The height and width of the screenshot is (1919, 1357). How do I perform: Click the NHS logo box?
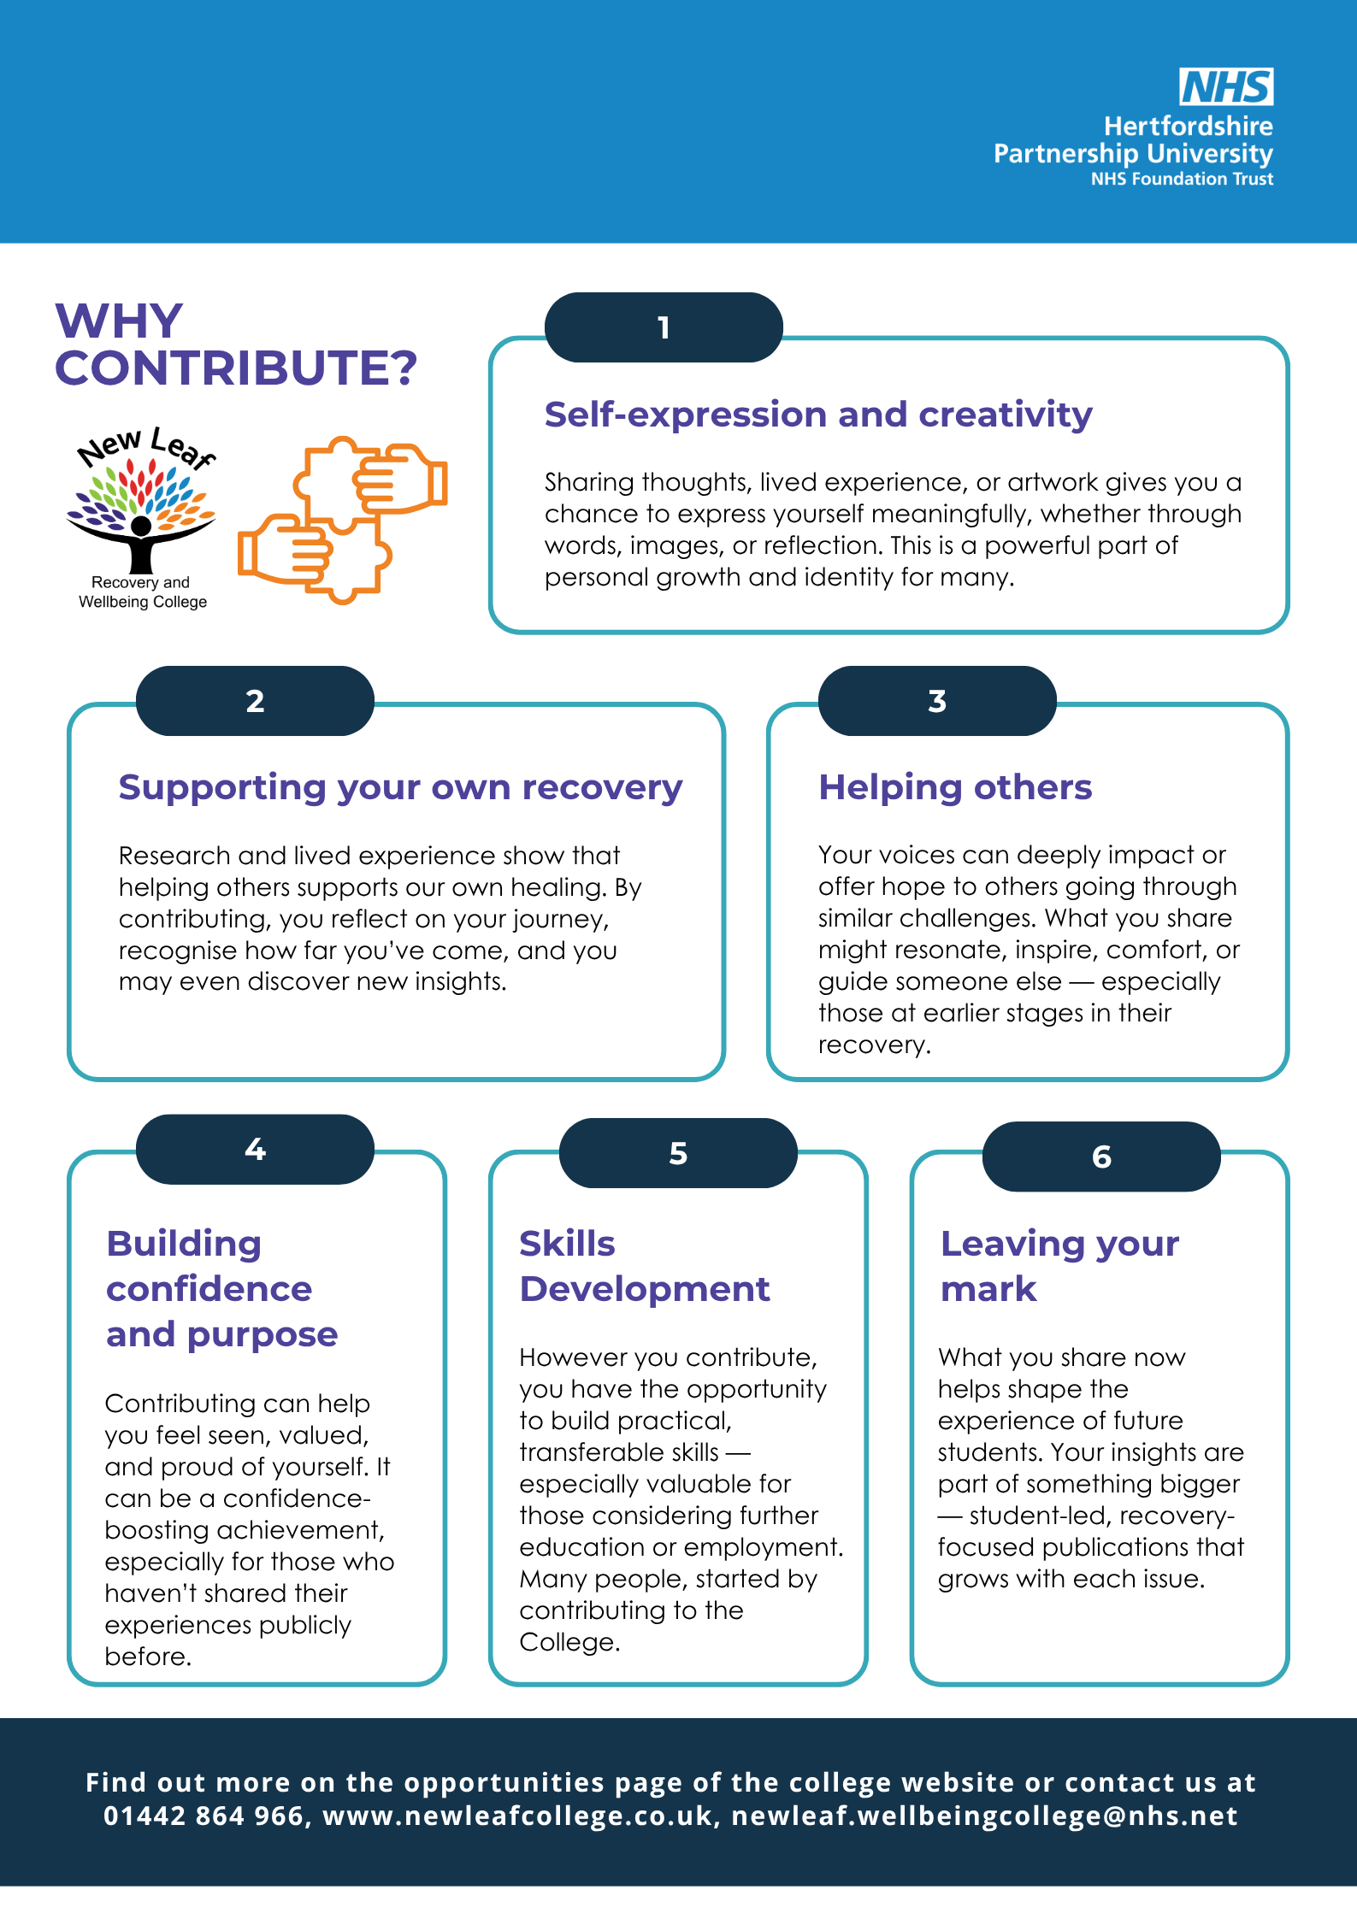pyautogui.click(x=1226, y=86)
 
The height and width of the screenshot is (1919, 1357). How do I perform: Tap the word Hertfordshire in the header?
pyautogui.click(x=1189, y=127)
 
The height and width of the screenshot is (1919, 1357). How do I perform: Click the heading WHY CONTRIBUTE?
pyautogui.click(x=236, y=344)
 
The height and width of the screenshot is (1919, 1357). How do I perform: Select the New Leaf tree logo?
pyautogui.click(x=142, y=517)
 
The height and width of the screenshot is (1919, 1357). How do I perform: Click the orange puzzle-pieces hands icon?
pyautogui.click(x=342, y=520)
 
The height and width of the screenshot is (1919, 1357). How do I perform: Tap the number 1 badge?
pyautogui.click(x=664, y=327)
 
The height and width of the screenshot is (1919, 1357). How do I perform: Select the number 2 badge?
pyautogui.click(x=255, y=701)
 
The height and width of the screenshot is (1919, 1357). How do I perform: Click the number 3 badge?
pyautogui.click(x=937, y=701)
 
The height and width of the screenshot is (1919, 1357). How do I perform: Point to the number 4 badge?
pyautogui.click(x=255, y=1149)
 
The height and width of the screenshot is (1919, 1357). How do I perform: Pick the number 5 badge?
pyautogui.click(x=678, y=1153)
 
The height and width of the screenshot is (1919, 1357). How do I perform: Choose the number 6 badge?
pyautogui.click(x=1101, y=1157)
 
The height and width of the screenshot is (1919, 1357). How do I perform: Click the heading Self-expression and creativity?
pyautogui.click(x=818, y=415)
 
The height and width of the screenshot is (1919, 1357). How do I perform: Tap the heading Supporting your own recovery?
pyautogui.click(x=400, y=788)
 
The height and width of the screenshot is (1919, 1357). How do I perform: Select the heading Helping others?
pyautogui.click(x=955, y=787)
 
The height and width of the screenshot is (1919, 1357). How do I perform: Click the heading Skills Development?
pyautogui.click(x=645, y=1266)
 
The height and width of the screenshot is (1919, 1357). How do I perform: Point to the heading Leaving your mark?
pyautogui.click(x=1059, y=1266)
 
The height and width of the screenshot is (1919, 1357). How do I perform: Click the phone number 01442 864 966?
pyautogui.click(x=204, y=1815)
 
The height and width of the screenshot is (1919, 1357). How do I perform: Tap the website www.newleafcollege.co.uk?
pyautogui.click(x=517, y=1816)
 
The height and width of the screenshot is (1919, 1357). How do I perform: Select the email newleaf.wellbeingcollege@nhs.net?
pyautogui.click(x=984, y=1816)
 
